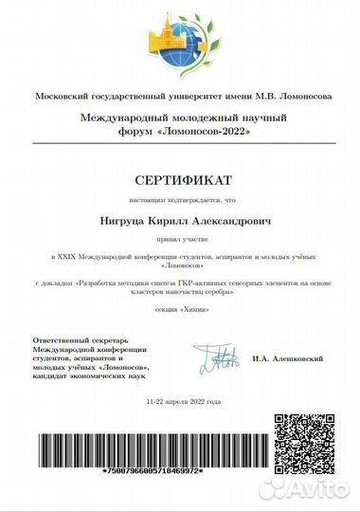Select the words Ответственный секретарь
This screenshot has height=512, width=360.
[x=81, y=340]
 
